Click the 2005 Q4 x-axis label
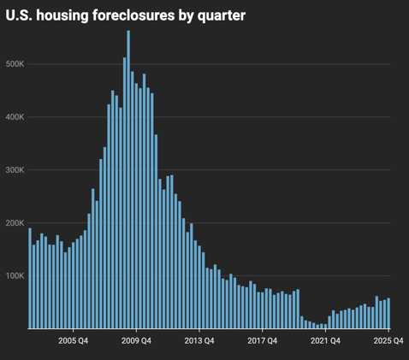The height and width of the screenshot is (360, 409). pyautogui.click(x=73, y=341)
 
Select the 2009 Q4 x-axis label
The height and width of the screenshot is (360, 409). pyautogui.click(x=136, y=341)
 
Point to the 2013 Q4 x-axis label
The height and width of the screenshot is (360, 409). pyautogui.click(x=199, y=341)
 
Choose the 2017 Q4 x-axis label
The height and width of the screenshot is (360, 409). pyautogui.click(x=263, y=341)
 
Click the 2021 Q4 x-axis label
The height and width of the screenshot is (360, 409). pyautogui.click(x=326, y=341)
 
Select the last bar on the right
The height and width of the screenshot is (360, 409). pyautogui.click(x=389, y=314)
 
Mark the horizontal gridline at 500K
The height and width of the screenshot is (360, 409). pyautogui.click(x=257, y=64)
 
